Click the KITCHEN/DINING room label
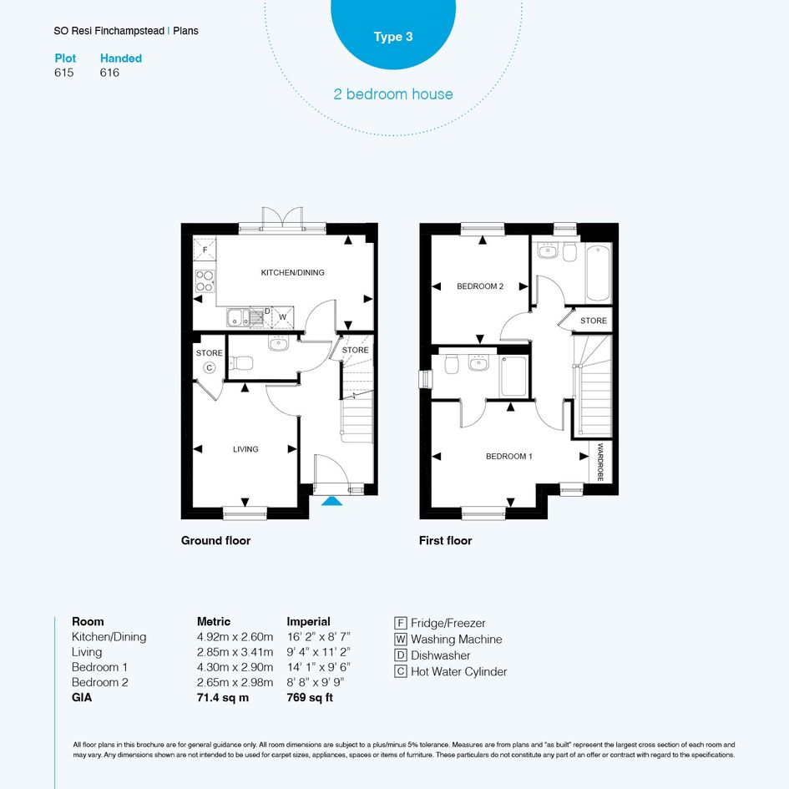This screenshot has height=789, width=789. pyautogui.click(x=292, y=273)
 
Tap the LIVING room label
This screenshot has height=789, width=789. pyautogui.click(x=245, y=449)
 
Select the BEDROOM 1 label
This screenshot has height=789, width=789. pyautogui.click(x=508, y=457)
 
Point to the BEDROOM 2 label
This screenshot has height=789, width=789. pyautogui.click(x=480, y=286)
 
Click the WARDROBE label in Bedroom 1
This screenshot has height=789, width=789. pyautogui.click(x=599, y=462)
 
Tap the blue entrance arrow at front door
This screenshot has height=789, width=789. pyautogui.click(x=331, y=501)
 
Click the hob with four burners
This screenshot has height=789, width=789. pyautogui.click(x=205, y=281)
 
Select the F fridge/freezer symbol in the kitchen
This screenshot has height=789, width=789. pyautogui.click(x=205, y=249)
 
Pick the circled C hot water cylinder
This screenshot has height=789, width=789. pyautogui.click(x=210, y=368)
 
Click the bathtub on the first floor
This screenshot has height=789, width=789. pyautogui.click(x=599, y=272)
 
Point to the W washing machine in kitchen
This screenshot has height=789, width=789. pyautogui.click(x=283, y=317)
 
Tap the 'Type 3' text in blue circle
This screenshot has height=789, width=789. pyautogui.click(x=393, y=37)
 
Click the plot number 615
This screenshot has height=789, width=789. pyautogui.click(x=64, y=73)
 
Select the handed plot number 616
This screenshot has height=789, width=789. pyautogui.click(x=109, y=73)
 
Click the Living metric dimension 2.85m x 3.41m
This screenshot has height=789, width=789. pyautogui.click(x=235, y=652)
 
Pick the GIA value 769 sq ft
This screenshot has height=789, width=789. pyautogui.click(x=310, y=698)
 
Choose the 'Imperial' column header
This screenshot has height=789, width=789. pyautogui.click(x=308, y=622)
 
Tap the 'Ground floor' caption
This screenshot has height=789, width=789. pyautogui.click(x=216, y=541)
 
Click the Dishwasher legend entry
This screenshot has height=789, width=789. pyautogui.click(x=432, y=655)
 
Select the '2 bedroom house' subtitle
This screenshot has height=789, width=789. pyautogui.click(x=393, y=94)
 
